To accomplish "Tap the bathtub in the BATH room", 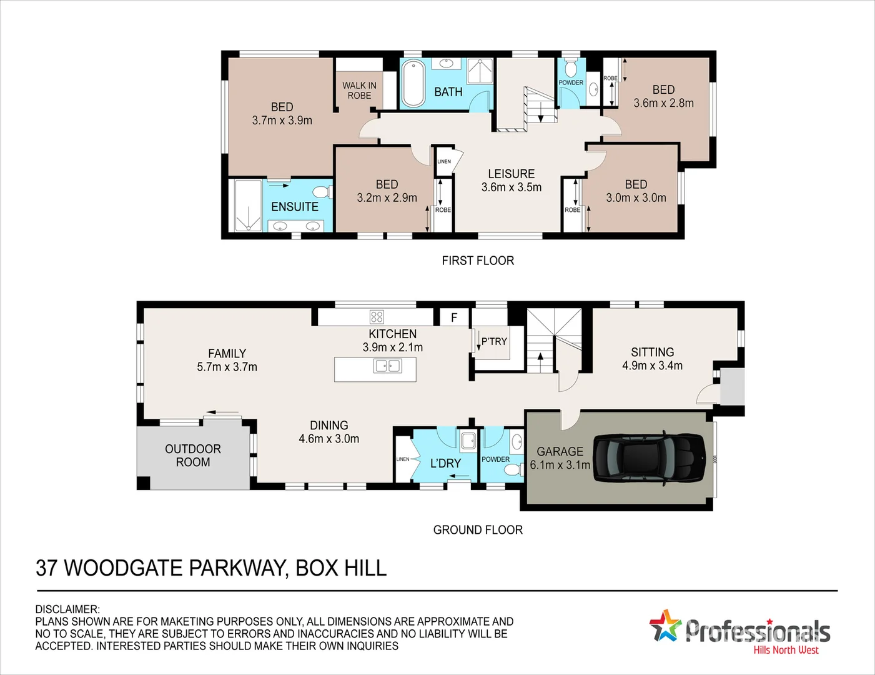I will tap(413, 83).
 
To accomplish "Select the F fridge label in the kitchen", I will tap(454, 317).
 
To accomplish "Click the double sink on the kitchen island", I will tap(387, 366).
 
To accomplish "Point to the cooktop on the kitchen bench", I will tap(377, 317).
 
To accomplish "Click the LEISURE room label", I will tap(511, 174).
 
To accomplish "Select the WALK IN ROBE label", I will tap(359, 90).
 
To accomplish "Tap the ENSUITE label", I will tap(295, 207).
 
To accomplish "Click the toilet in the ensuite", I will tap(322, 192).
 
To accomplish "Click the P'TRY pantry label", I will tap(494, 341).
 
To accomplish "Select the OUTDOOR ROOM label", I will tap(193, 456).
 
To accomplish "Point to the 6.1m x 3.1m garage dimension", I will tap(560, 465).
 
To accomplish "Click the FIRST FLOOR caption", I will tap(478, 261).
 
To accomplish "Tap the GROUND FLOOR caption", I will tap(478, 530).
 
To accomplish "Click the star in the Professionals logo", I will tap(665, 626).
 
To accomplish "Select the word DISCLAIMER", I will tap(67, 609).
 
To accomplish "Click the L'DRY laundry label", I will tap(445, 463).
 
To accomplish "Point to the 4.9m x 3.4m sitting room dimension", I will tap(652, 366).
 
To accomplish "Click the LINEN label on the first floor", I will tap(444, 161).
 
